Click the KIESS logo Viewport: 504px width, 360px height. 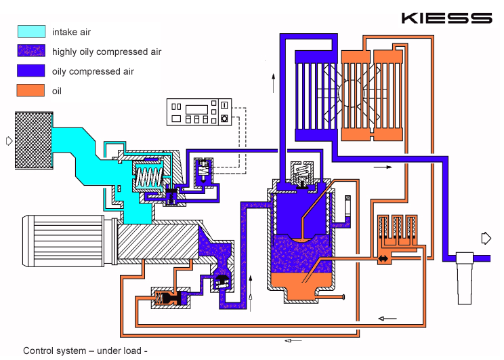click(x=446, y=18)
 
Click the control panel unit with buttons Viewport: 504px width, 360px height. click(x=200, y=112)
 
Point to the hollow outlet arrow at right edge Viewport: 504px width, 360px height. click(x=486, y=237)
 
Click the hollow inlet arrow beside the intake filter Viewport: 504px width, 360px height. click(x=9, y=141)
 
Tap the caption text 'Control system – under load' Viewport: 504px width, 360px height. click(x=85, y=351)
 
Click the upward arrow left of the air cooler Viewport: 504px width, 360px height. click(x=273, y=81)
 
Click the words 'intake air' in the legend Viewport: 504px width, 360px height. click(x=71, y=32)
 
